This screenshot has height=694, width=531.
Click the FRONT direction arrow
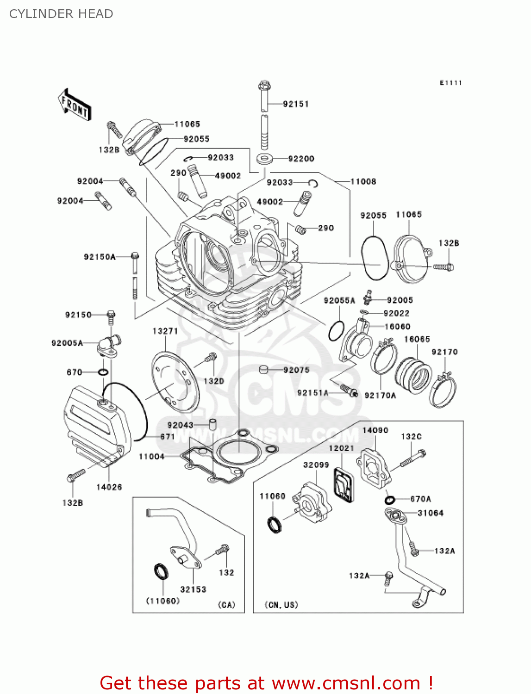click(75, 105)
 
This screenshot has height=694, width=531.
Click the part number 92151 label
click(296, 104)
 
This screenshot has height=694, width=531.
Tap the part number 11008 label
click(363, 182)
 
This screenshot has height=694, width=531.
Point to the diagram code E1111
click(450, 83)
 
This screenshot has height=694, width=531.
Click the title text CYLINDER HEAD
click(61, 14)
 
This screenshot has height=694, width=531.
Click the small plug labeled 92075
click(264, 369)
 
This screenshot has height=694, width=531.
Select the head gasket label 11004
click(152, 457)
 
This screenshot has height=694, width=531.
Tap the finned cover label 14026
click(109, 487)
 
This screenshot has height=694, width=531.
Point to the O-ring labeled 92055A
click(337, 330)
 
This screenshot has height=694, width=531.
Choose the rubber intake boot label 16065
click(417, 339)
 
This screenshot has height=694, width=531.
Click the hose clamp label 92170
click(444, 352)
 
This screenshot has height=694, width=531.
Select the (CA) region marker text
click(226, 605)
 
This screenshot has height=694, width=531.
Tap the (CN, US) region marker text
click(281, 605)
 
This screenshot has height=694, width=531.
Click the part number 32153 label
click(193, 589)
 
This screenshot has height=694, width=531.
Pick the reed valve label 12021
click(341, 448)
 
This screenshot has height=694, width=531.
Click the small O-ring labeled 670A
click(390, 500)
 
